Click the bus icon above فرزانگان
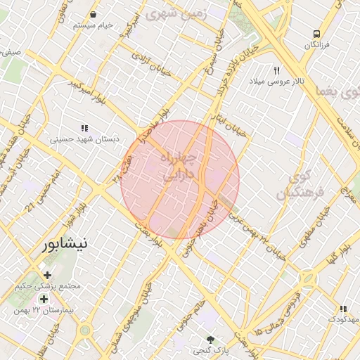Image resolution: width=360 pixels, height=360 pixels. click(317, 33)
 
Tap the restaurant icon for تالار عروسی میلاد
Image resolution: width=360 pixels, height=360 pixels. click(277, 70)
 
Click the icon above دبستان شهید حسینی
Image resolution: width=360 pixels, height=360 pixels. click(84, 128)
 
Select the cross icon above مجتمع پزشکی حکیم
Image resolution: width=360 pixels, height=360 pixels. click(47, 275)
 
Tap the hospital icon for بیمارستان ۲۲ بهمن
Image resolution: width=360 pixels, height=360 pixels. click(44, 299)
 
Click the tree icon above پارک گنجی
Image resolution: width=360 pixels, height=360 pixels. click(210, 339)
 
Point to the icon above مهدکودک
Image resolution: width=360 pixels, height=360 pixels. click(343, 309)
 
